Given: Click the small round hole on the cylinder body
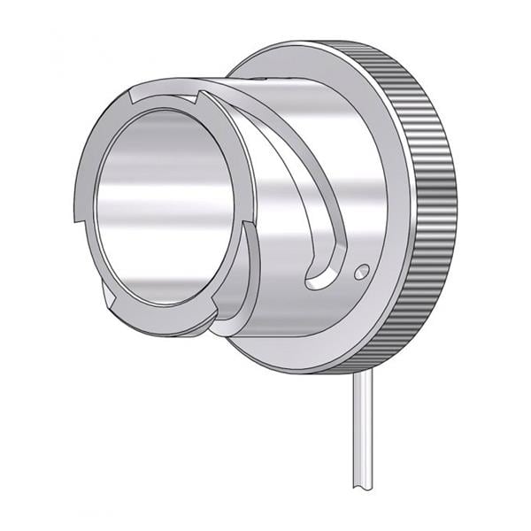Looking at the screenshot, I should tap(362, 270).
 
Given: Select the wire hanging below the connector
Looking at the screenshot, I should tap(360, 434).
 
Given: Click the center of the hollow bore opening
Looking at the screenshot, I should tap(159, 208).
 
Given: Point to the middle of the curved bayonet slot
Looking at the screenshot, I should tap(301, 177).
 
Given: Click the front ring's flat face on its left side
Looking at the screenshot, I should tap(86, 177).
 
